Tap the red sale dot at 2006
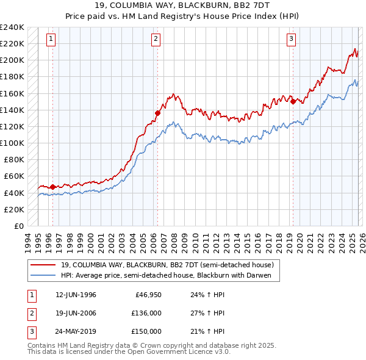pyautogui.click(x=157, y=113)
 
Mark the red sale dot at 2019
pyautogui.click(x=293, y=101)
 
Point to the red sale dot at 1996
pyautogui.click(x=52, y=187)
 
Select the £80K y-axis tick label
pyautogui.click(x=13, y=160)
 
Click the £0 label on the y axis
pyautogui.click(x=18, y=226)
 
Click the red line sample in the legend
pyautogui.click(x=43, y=265)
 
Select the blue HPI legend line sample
pyautogui.click(x=43, y=275)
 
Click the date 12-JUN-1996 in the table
pyautogui.click(x=76, y=295)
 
